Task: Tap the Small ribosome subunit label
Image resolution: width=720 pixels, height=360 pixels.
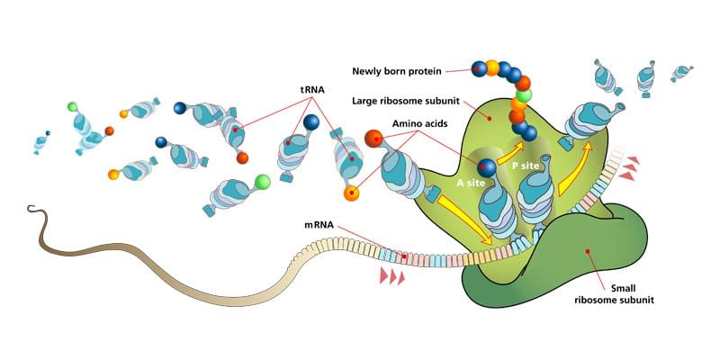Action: click(x=614, y=293)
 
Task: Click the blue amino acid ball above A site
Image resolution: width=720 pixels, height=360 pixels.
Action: click(x=487, y=166)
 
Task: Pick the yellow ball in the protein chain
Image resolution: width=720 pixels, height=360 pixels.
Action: click(x=491, y=67)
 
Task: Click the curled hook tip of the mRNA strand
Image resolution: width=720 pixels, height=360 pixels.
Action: click(x=32, y=212)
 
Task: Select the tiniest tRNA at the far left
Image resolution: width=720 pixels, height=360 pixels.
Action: click(x=41, y=141)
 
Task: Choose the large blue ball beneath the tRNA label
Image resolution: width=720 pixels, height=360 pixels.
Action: click(x=311, y=121)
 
